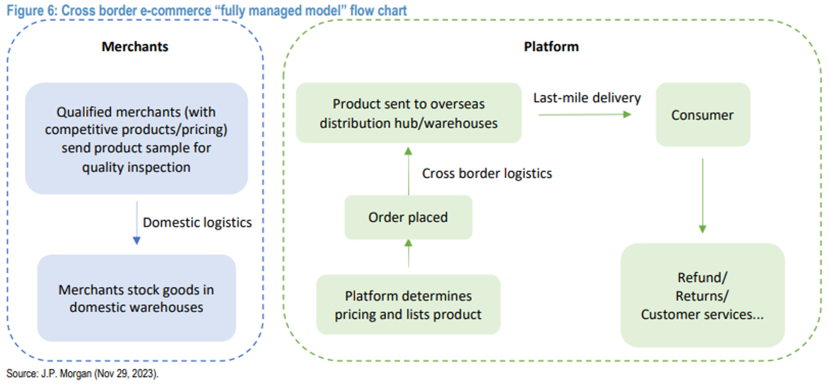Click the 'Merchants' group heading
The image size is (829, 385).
point(135,47)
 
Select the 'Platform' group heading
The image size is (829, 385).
point(551,47)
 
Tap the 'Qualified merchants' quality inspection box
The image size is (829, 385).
point(136,138)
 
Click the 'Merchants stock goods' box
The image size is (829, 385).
point(136,298)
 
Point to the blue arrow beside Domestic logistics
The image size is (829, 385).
point(136,223)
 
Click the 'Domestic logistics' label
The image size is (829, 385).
point(197,223)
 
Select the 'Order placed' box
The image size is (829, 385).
point(408,217)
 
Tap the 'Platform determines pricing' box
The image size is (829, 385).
point(408,305)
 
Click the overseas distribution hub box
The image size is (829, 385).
point(408,113)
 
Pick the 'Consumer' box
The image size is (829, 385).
point(702,115)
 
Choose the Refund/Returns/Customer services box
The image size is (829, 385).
point(702,295)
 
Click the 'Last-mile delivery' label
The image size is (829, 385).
point(587,97)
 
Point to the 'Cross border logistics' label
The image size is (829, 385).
point(487,173)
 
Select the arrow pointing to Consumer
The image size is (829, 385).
point(585,114)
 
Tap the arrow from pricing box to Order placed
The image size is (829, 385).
point(408,253)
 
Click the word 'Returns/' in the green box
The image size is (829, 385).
point(702,295)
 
